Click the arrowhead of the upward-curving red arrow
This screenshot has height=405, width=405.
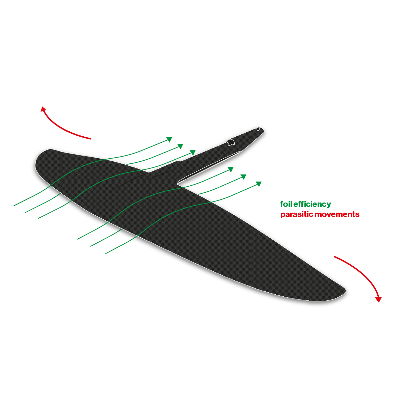coord(43,109)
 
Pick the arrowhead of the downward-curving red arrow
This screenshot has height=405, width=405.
coord(378,299)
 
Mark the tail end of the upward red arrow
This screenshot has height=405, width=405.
coord(90,139)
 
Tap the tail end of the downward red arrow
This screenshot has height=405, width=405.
coord(334,256)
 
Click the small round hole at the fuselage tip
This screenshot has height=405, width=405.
coord(258,129)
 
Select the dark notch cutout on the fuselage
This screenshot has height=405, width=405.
coord(231,142)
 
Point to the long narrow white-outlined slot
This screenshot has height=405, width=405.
coord(208,167)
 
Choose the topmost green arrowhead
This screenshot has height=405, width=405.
coord(169,139)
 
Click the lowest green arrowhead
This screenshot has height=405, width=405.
coord(259,184)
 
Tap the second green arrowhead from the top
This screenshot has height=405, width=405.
coord(180,146)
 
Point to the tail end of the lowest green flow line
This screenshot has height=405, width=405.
coord(105,254)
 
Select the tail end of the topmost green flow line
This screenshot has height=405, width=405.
coord(14,206)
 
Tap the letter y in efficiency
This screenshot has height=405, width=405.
coord(329,206)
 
